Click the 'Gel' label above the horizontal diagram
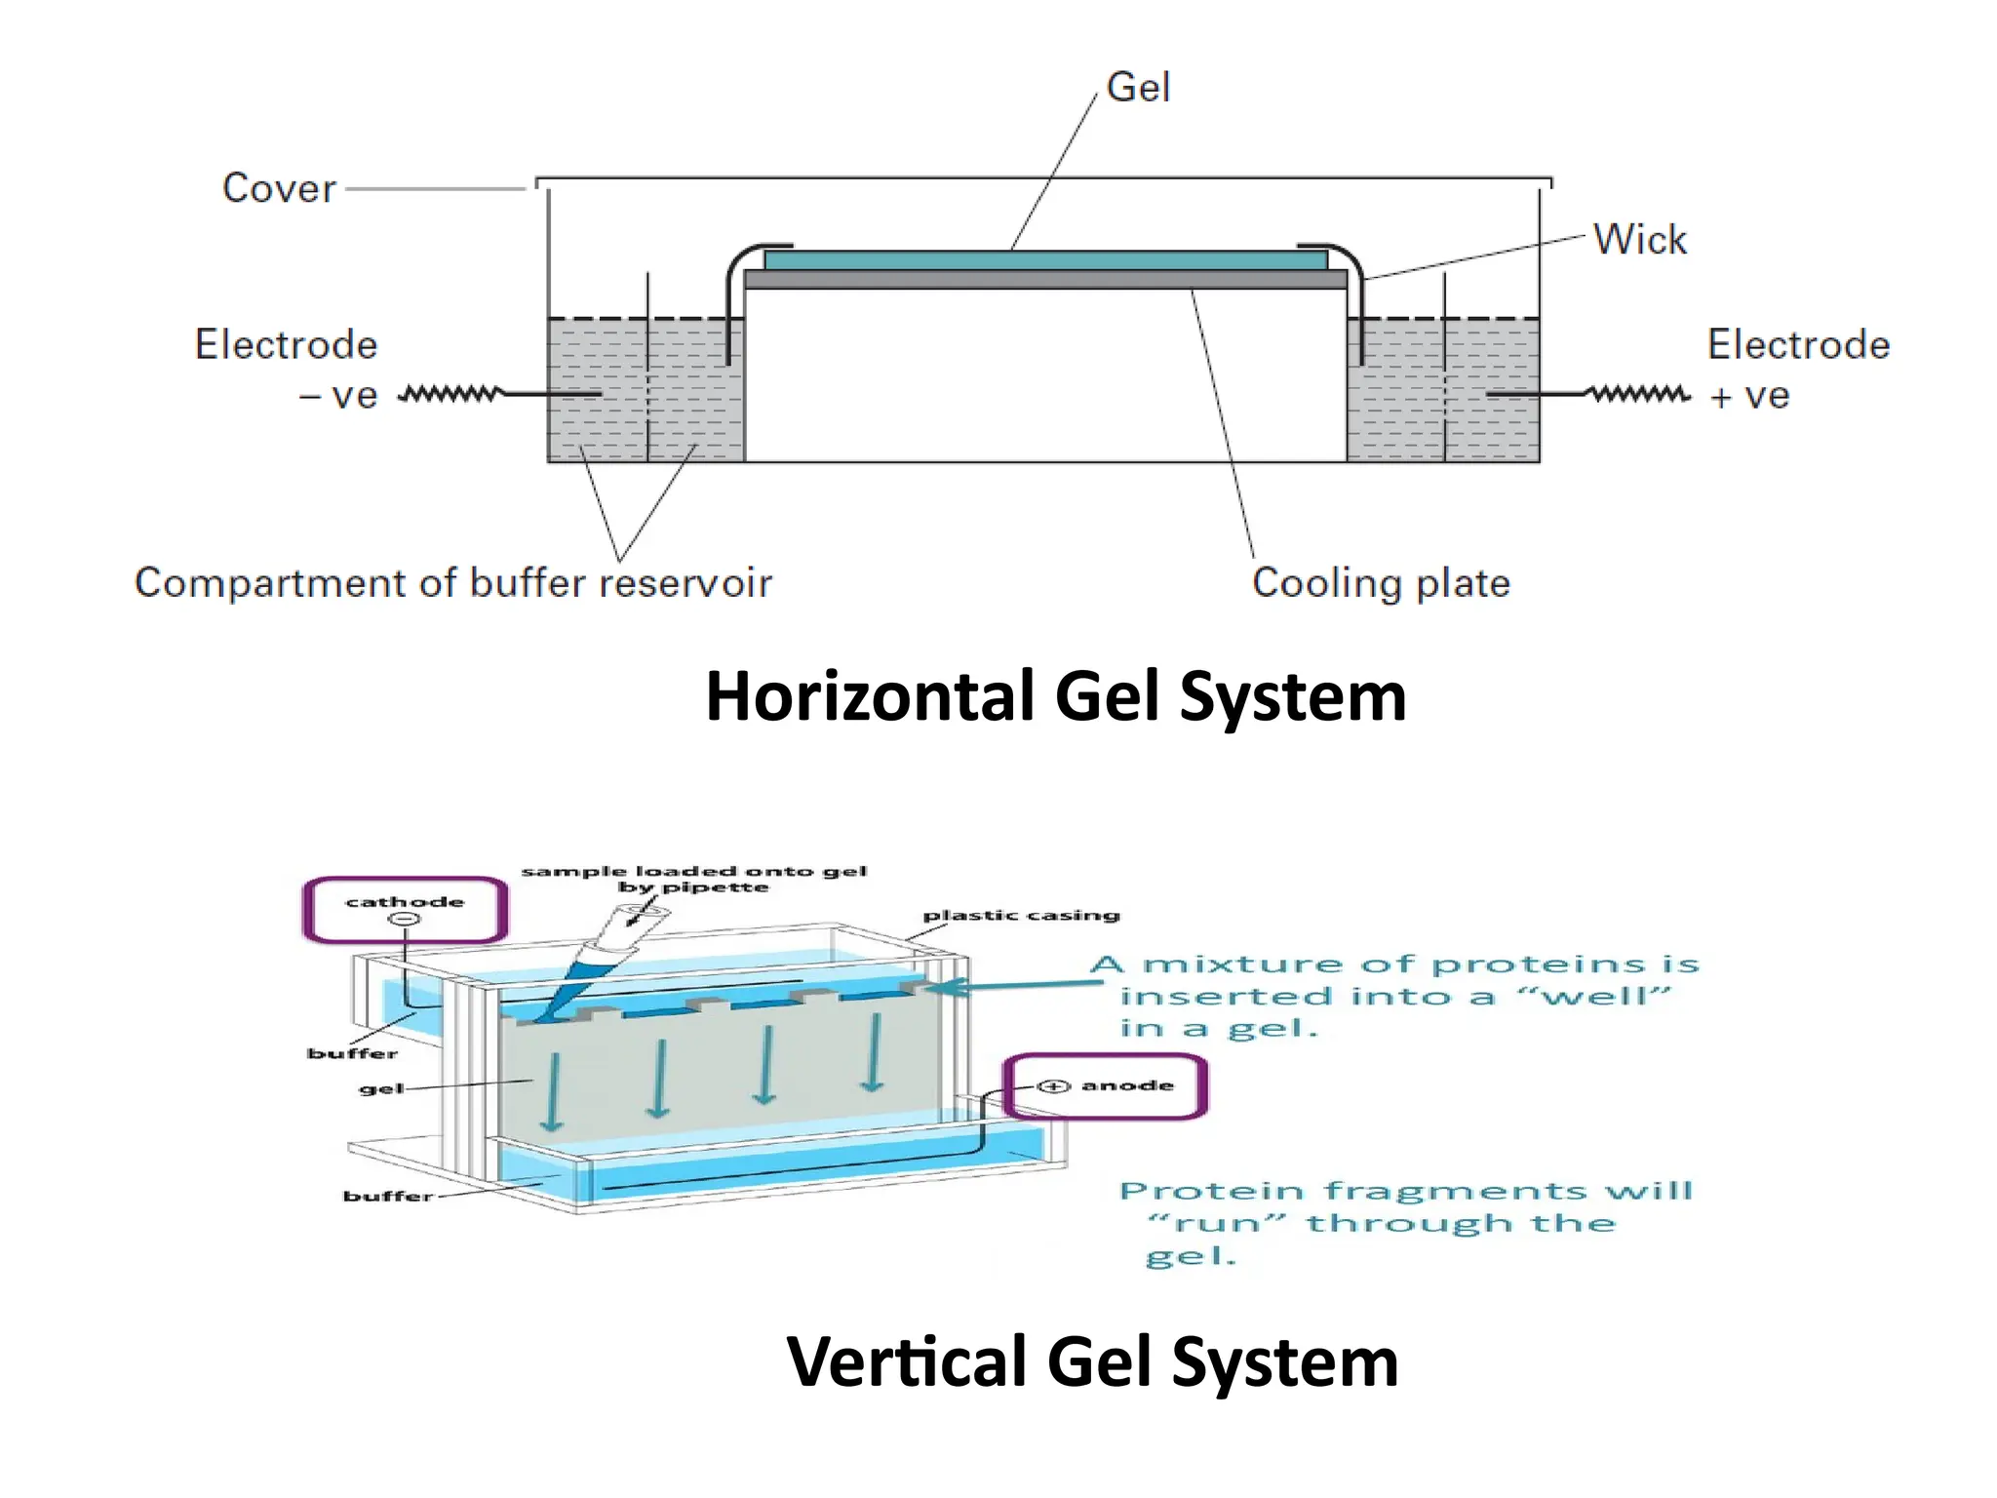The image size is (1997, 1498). [x=1138, y=88]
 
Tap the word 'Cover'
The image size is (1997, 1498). [x=279, y=188]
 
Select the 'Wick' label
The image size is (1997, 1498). [x=1639, y=240]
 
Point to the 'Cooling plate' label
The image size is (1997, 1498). [x=1381, y=583]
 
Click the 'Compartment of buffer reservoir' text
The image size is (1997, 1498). [x=452, y=583]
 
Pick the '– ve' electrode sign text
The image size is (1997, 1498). [x=338, y=396]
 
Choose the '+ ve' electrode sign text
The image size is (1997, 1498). [x=1750, y=396]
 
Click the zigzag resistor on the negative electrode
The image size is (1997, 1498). [x=450, y=394]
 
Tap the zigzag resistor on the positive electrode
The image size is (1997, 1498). [x=1640, y=394]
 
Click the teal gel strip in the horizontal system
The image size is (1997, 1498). [x=1045, y=260]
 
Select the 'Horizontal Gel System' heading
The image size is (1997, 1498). [x=1055, y=696]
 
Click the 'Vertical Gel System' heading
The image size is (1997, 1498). [x=1092, y=1361]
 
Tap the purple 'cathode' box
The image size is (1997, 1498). [x=405, y=910]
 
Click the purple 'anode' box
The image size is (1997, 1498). [x=1106, y=1086]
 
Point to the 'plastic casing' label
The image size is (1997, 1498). [x=1021, y=916]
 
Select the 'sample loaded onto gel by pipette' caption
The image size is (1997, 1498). [x=693, y=879]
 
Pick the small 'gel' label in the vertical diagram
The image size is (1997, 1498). [x=381, y=1088]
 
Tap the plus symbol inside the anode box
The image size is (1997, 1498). [x=1053, y=1086]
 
